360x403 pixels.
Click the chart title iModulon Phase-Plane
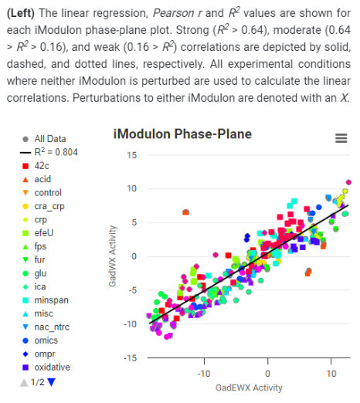click(182, 134)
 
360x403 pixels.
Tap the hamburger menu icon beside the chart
click(340, 137)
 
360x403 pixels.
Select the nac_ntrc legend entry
click(52, 327)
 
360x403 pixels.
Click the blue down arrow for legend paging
click(52, 381)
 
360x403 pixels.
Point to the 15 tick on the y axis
click(131, 155)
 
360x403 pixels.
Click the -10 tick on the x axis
click(205, 372)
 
